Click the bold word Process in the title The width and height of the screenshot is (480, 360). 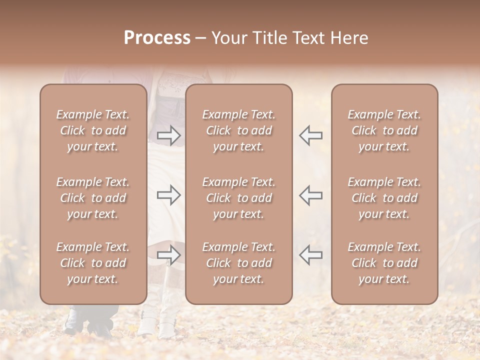click(x=157, y=38)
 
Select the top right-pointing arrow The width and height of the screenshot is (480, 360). click(x=169, y=135)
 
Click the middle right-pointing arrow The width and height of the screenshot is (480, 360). click(x=169, y=195)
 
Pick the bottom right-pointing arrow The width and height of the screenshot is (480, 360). click(x=169, y=255)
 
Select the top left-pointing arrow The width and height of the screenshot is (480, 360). click(x=311, y=135)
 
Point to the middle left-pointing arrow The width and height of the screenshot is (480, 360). click(x=311, y=195)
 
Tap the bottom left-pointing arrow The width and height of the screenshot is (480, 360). click(x=311, y=255)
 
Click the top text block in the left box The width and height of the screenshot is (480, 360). click(x=93, y=130)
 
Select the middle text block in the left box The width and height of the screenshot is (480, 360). click(x=93, y=198)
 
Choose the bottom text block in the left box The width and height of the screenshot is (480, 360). click(x=93, y=263)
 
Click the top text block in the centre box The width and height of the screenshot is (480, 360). click(x=238, y=130)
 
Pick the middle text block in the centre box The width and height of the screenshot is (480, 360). click(x=238, y=198)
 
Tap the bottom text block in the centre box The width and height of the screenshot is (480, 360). click(x=238, y=263)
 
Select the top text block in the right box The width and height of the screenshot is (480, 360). click(x=384, y=130)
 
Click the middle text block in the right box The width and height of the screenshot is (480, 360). click(x=384, y=198)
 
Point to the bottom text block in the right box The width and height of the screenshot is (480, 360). click(x=384, y=263)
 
